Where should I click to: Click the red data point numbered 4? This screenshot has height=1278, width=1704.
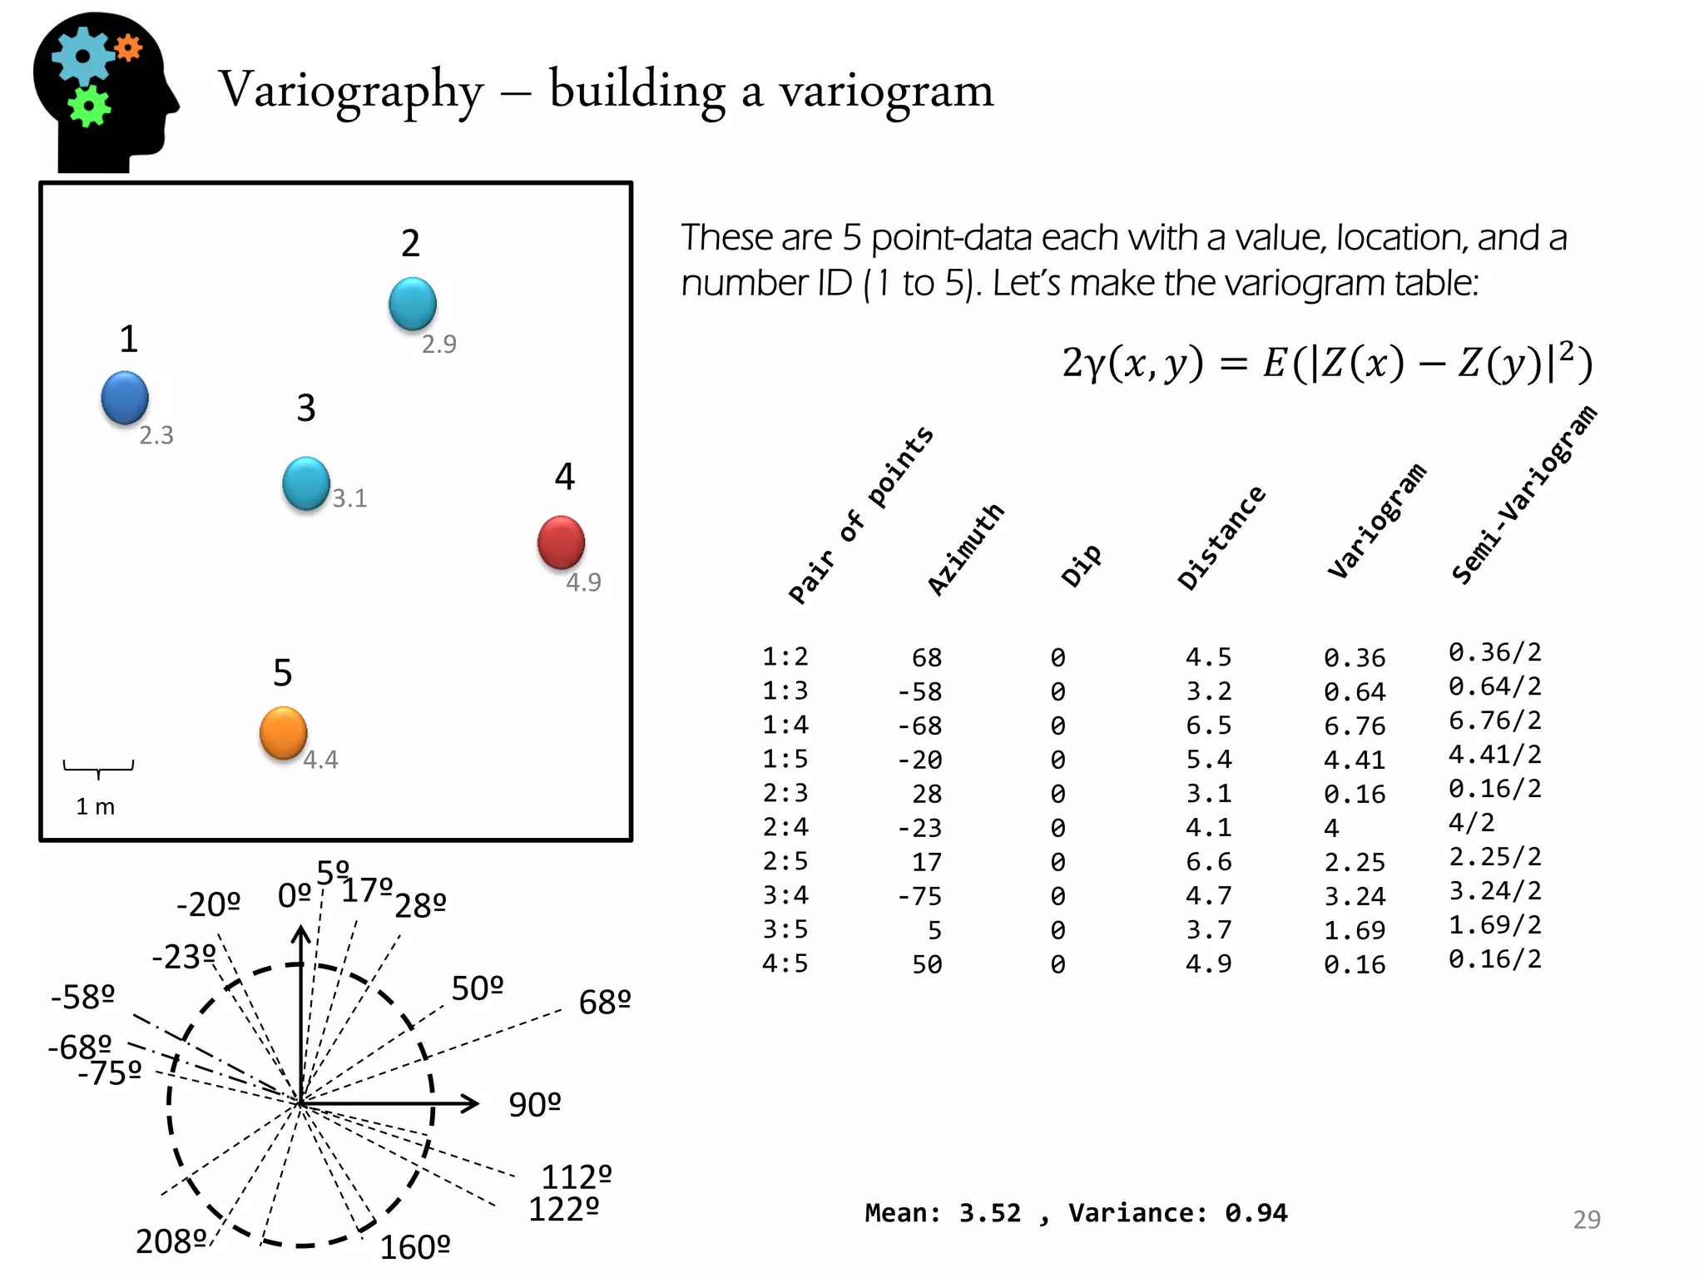561,542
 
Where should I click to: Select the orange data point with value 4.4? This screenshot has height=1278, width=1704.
283,732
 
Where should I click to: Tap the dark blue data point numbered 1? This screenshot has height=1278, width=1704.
125,398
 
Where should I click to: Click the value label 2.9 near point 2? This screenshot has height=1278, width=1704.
438,344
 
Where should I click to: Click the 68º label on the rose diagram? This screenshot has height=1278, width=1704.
605,1003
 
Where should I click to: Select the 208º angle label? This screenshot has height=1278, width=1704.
171,1241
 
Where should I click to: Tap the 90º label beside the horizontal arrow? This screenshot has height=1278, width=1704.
535,1105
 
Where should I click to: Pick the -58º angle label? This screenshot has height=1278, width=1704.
82,997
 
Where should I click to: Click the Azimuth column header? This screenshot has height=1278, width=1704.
966,549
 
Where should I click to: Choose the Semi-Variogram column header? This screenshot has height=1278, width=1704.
1523,495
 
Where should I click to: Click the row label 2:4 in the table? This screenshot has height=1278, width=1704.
785,827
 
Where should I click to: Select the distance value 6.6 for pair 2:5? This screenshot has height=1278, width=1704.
1208,861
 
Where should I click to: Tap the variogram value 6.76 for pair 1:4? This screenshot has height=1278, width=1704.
1355,726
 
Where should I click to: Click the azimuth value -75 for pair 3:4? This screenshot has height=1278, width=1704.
919,896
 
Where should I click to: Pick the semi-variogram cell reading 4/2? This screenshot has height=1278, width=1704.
1471,823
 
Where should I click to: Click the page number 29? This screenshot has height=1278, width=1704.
1586,1219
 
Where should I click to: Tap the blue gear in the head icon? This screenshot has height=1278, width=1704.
82,57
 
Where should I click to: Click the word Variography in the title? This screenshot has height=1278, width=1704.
350,91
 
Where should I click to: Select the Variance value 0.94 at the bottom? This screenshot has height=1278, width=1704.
1256,1213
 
